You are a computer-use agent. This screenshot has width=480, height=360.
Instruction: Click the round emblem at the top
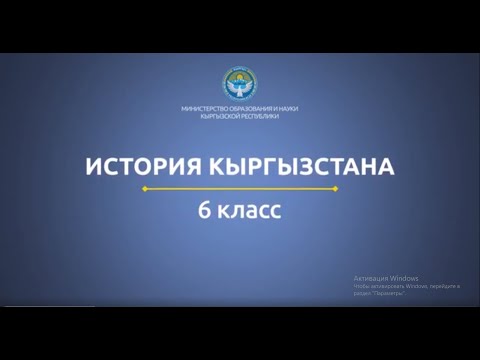[x=239, y=84]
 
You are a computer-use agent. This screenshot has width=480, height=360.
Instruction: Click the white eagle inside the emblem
[x=239, y=88]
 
